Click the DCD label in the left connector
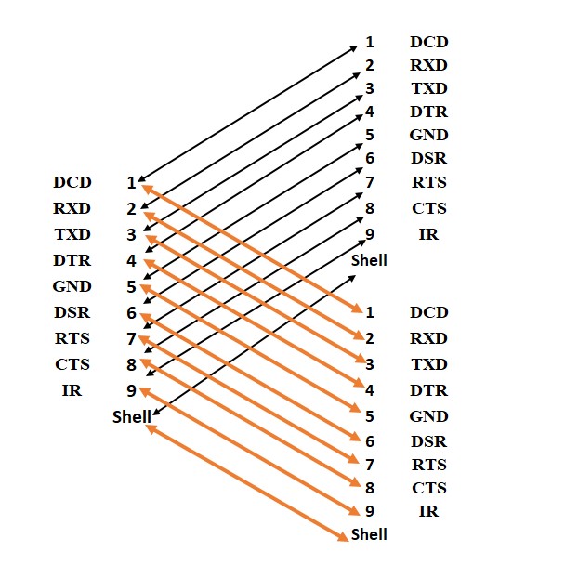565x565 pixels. pos(72,183)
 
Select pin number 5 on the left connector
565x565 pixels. pos(131,287)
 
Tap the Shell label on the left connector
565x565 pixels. pos(131,416)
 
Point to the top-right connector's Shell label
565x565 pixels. pos(369,259)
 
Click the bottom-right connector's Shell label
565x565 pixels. pos(369,534)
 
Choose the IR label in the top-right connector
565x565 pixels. pos(428,234)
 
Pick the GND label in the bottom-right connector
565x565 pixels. pos(428,416)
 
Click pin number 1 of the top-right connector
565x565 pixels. pos(369,43)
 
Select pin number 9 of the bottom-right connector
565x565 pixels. pos(369,510)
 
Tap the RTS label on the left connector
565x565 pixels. pos(72,338)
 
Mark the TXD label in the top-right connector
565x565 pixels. pos(428,89)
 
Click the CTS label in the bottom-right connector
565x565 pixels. pos(428,488)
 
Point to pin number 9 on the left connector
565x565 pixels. pos(131,390)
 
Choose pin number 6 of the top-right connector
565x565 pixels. pos(369,159)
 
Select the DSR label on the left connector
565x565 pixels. pos(72,313)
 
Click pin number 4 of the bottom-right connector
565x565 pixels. pos(369,390)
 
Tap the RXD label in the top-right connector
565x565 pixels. pos(428,66)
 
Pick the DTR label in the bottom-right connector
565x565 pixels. pos(428,390)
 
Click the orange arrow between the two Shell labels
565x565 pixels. pos(246,480)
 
